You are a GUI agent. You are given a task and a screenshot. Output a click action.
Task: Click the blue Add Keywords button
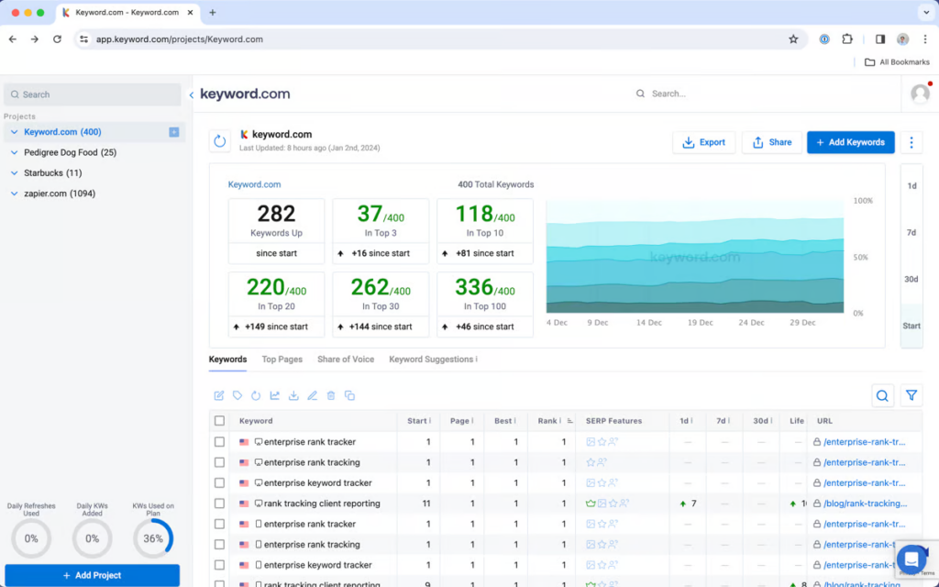click(x=850, y=142)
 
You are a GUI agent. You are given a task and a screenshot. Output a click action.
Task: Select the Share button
click(x=771, y=142)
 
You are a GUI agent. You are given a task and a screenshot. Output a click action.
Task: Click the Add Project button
click(x=92, y=575)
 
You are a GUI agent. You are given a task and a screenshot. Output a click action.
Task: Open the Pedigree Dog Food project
click(x=70, y=152)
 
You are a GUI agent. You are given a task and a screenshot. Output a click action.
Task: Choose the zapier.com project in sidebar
click(x=59, y=194)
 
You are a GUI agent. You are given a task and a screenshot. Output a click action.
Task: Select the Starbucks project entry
click(x=52, y=172)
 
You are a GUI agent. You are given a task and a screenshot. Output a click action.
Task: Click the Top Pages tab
click(x=282, y=360)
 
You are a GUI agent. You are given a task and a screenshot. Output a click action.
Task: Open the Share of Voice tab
click(x=346, y=360)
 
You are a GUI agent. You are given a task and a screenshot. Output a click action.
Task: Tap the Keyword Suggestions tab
click(x=432, y=360)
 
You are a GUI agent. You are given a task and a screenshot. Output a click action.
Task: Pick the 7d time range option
click(x=911, y=233)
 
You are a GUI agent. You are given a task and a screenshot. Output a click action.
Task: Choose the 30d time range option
click(x=911, y=280)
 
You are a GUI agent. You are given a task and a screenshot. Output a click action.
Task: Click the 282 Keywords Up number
click(x=276, y=214)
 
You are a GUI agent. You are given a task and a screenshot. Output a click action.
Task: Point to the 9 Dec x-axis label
click(x=598, y=323)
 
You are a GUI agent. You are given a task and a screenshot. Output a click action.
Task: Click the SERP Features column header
click(x=613, y=421)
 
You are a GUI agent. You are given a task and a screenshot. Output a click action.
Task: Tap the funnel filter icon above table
click(x=911, y=395)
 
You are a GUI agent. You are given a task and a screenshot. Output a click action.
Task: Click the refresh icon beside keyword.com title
click(x=219, y=141)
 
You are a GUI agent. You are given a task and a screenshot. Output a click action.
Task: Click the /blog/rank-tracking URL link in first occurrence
click(x=865, y=504)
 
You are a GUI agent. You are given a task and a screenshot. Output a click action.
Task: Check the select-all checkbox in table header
click(x=219, y=421)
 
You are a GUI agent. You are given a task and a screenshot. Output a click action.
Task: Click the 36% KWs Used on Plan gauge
click(x=153, y=538)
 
